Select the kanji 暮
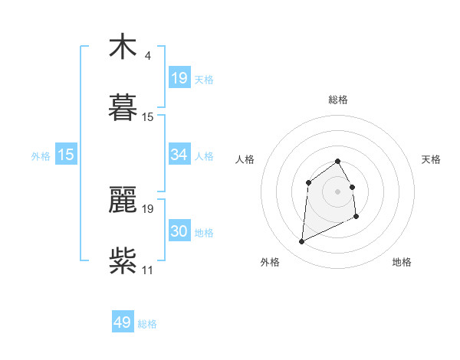click(123, 107)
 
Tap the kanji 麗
click(123, 200)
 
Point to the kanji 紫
click(123, 260)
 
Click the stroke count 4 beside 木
click(147, 56)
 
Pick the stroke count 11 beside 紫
click(147, 270)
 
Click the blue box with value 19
click(179, 78)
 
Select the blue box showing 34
click(179, 155)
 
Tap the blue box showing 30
click(179, 231)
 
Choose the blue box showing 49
click(123, 322)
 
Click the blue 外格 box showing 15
click(66, 155)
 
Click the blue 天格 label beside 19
click(204, 80)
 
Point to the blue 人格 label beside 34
click(204, 156)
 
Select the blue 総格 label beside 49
click(147, 324)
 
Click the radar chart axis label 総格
click(338, 100)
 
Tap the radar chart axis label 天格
click(431, 159)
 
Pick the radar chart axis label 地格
click(402, 262)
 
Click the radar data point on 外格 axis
click(301, 242)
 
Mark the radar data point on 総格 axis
click(338, 161)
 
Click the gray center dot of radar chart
click(338, 191)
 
